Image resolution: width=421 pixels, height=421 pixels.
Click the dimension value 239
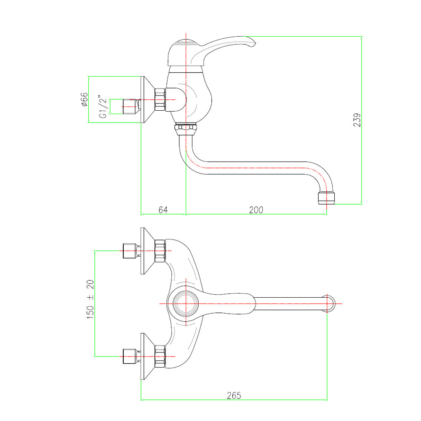tap(357, 120)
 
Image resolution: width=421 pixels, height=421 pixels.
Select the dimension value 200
tap(256, 210)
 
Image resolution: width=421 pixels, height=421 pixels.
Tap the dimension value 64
tap(163, 210)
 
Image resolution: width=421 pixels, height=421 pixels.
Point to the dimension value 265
tap(234, 395)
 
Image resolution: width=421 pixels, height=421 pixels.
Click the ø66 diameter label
tap(84, 99)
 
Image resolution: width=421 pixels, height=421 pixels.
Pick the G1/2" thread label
tap(103, 107)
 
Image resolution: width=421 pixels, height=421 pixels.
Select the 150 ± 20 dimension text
tap(90, 299)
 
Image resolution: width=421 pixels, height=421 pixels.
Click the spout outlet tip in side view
tap(326, 198)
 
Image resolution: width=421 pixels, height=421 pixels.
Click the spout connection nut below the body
tap(186, 129)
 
